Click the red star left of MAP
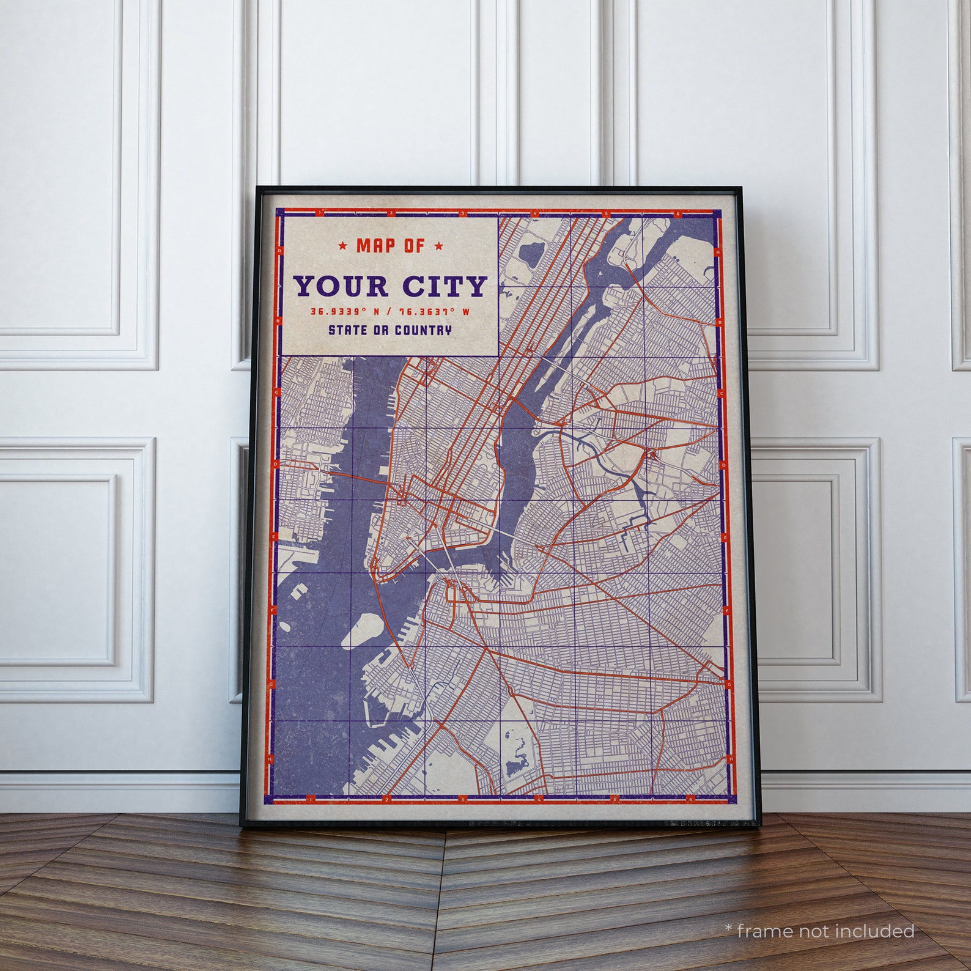pos(343,246)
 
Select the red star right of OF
pos(438,246)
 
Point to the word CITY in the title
pos(445,286)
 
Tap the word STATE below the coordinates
pos(348,330)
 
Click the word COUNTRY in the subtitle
pos(423,330)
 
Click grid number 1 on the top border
pos(319,213)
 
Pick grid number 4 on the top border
pos(535,213)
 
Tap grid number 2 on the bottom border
pos(386,799)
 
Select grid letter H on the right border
pos(731,759)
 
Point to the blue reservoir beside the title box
pos(530,252)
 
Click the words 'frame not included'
pos(825,931)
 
